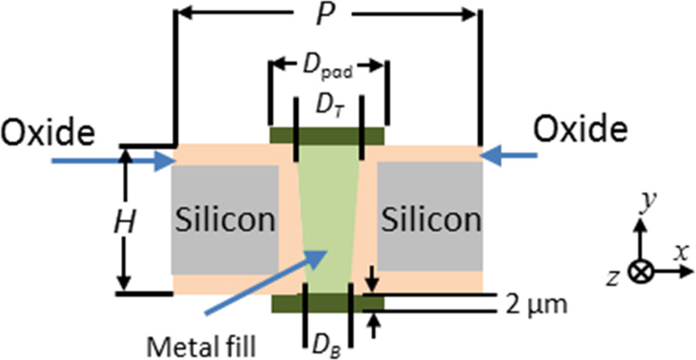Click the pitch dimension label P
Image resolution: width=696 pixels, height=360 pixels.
pyautogui.click(x=327, y=15)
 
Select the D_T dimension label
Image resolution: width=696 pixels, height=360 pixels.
pyautogui.click(x=328, y=106)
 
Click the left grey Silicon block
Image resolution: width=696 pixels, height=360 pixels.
pyautogui.click(x=225, y=219)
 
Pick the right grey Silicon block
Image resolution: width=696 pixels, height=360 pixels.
pyautogui.click(x=429, y=219)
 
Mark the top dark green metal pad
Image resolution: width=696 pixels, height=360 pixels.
pyautogui.click(x=328, y=136)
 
